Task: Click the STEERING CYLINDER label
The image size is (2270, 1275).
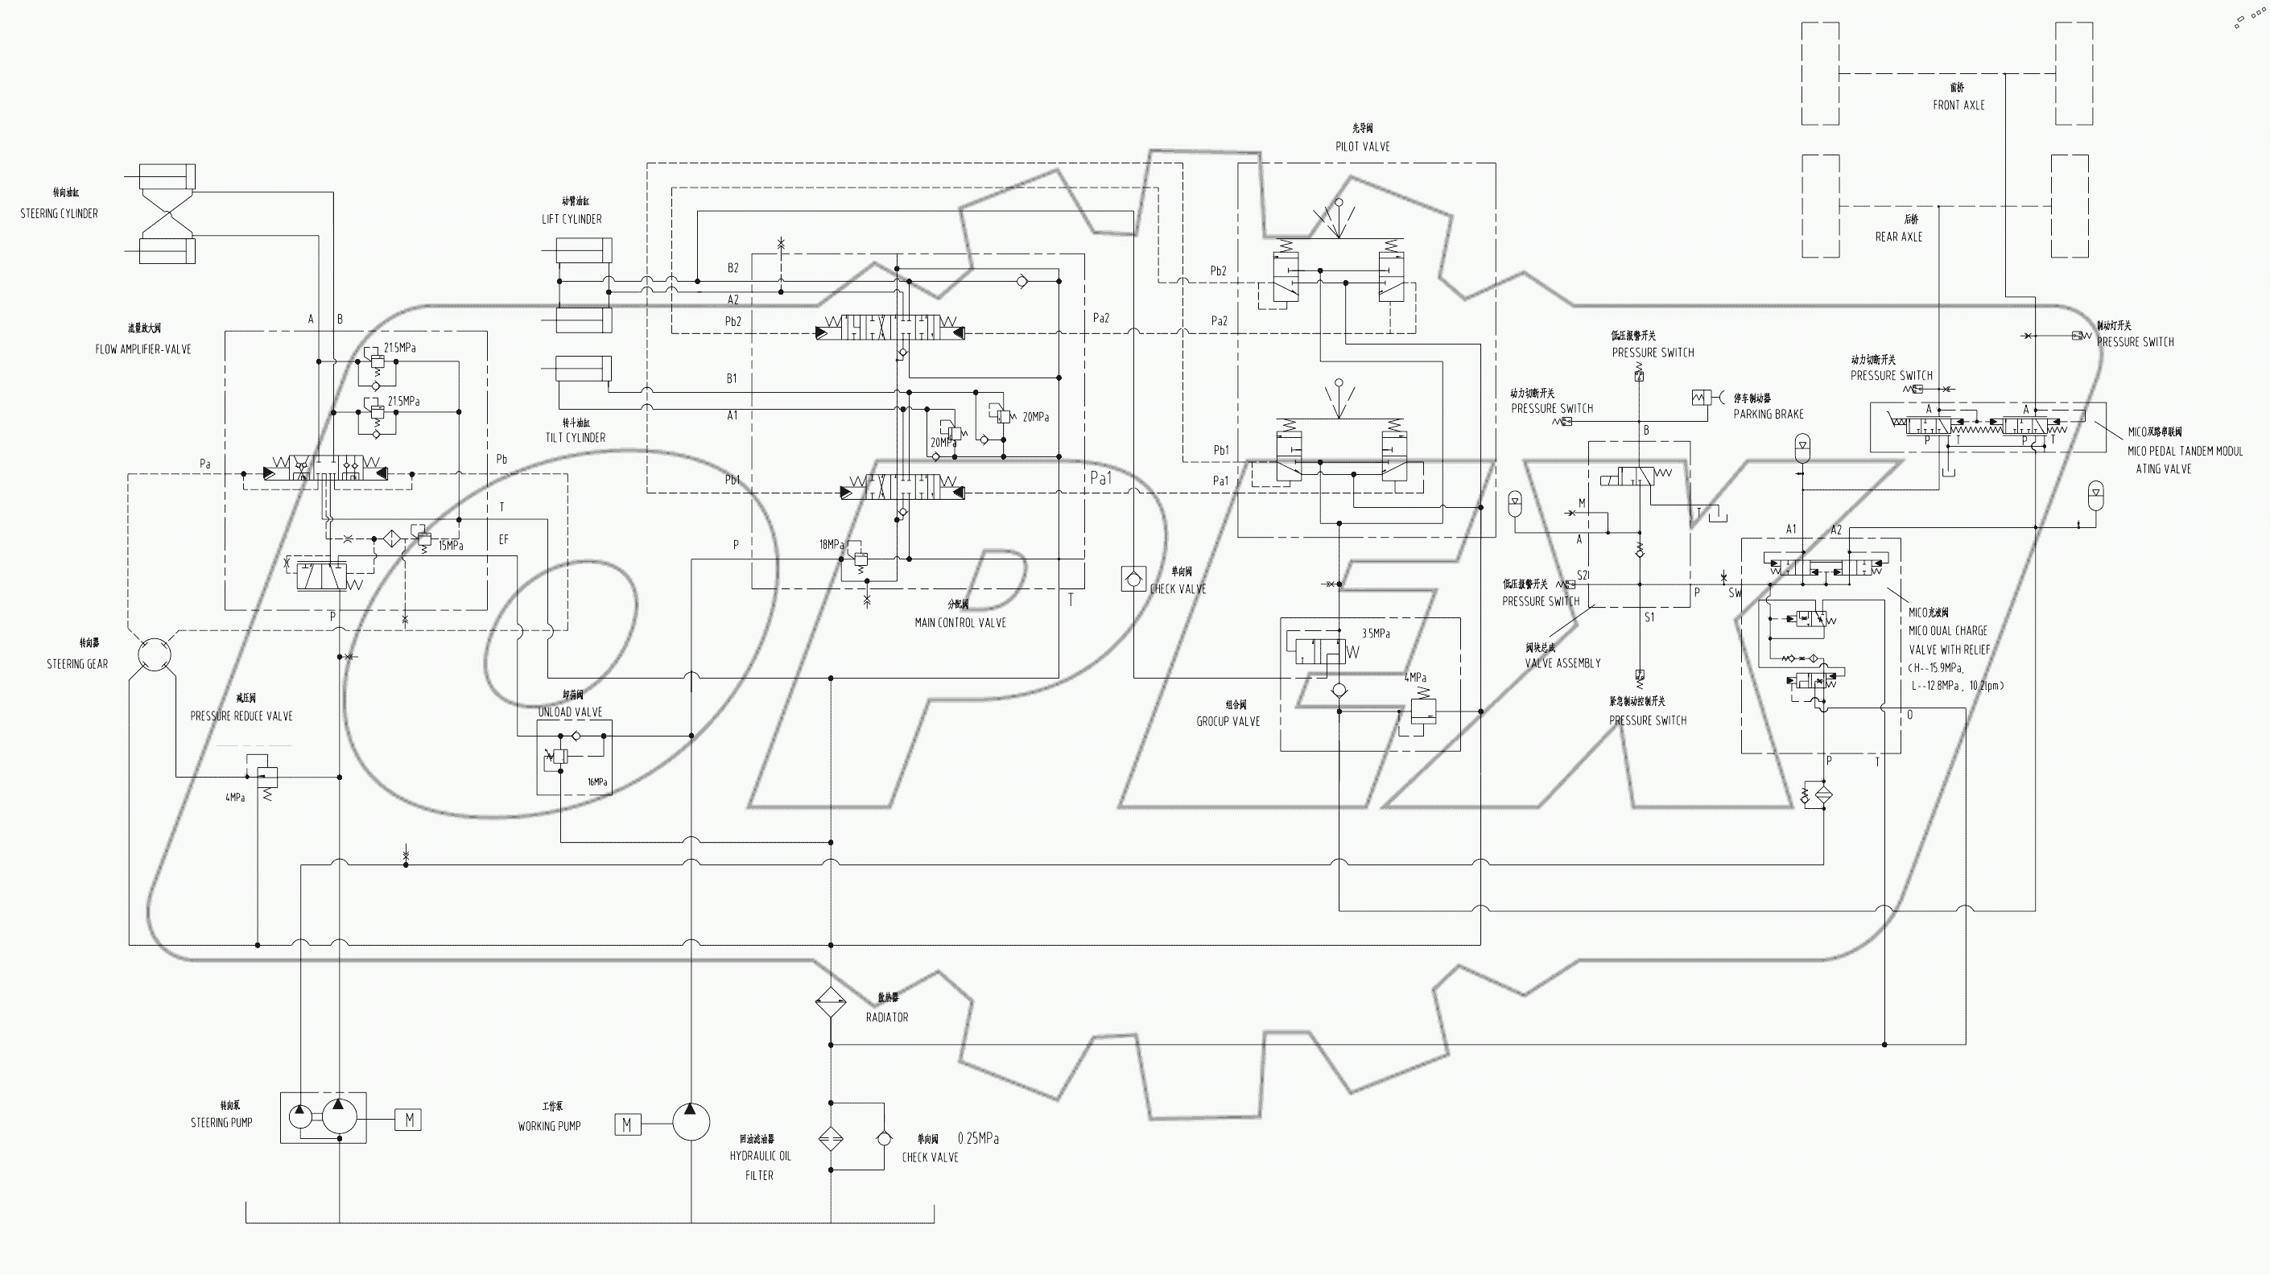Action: coord(59,213)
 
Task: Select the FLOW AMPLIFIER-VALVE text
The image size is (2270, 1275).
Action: coord(142,349)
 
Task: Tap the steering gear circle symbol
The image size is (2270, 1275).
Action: coord(155,654)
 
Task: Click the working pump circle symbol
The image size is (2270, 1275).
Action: coord(691,1122)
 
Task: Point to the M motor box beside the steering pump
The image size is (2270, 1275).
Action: coord(409,1120)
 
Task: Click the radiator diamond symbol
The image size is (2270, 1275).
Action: coord(830,1002)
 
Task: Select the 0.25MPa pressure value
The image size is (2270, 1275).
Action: coord(978,1138)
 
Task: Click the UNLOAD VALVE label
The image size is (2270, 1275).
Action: coord(570,712)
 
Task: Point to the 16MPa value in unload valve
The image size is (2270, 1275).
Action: coord(597,782)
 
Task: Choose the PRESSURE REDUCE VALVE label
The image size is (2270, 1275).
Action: coord(241,716)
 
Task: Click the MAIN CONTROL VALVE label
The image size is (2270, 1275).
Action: coord(960,622)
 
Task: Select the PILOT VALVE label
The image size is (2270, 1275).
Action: coord(1362,146)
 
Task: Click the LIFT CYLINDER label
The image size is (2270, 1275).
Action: coord(572,218)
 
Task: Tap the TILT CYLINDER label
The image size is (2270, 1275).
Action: coord(576,437)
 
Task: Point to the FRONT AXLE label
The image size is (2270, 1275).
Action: coord(1959,105)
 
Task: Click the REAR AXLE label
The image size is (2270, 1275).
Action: coord(1899,236)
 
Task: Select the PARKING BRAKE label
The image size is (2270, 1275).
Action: coord(1768,414)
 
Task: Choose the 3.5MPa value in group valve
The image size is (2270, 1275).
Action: coord(1376,633)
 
